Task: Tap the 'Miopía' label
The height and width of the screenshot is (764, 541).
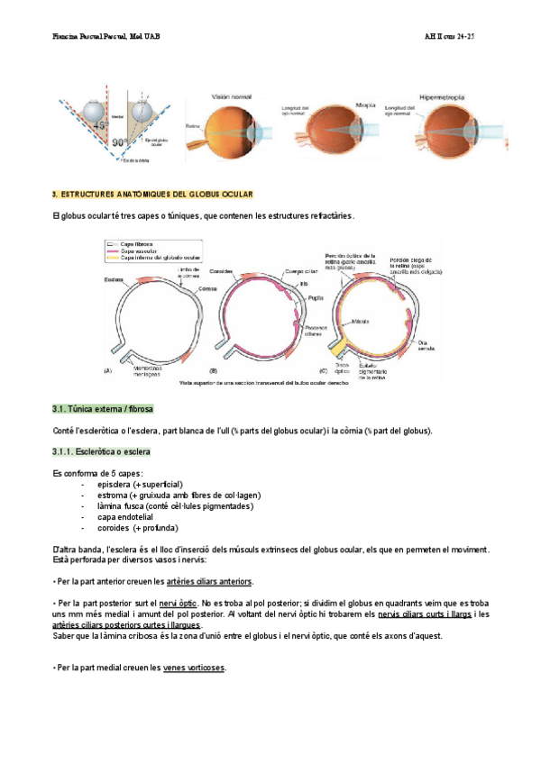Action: pyautogui.click(x=365, y=104)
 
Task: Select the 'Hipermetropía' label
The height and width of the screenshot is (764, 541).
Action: pyautogui.click(x=445, y=96)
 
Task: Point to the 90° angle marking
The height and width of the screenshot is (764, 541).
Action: pyautogui.click(x=120, y=142)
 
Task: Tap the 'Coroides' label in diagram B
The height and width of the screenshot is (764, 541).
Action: pyautogui.click(x=222, y=271)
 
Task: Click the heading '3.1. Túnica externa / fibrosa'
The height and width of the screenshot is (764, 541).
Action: pyautogui.click(x=103, y=408)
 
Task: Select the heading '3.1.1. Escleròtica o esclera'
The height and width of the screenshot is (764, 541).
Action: pyautogui.click(x=101, y=450)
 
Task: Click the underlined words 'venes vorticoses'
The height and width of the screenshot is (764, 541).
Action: pyautogui.click(x=195, y=668)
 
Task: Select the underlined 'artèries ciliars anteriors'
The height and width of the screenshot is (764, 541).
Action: pyautogui.click(x=210, y=581)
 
